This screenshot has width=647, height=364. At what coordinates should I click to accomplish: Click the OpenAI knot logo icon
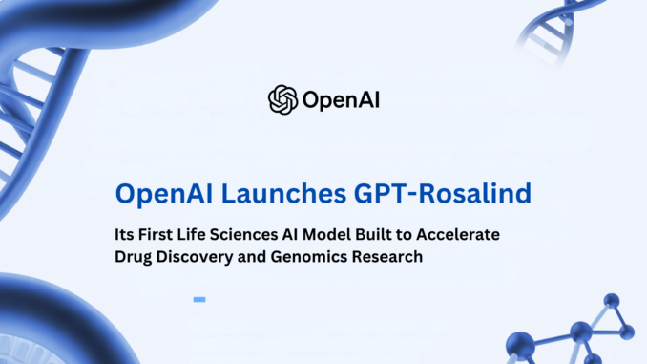[283, 99]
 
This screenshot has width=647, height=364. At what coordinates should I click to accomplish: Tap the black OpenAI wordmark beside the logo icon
[340, 99]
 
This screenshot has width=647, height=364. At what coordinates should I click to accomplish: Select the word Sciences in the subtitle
[260, 234]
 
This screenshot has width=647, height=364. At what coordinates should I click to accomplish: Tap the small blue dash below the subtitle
[199, 299]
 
